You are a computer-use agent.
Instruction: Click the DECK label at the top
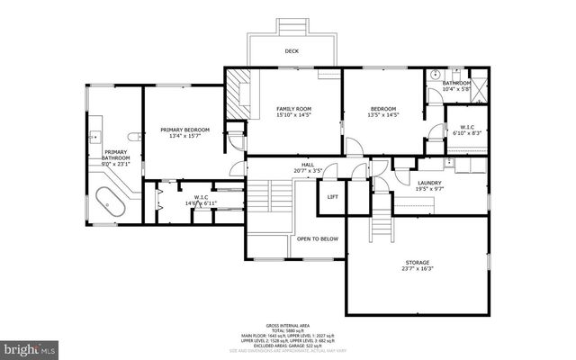tap(292, 51)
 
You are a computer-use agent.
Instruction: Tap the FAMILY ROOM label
tap(292, 109)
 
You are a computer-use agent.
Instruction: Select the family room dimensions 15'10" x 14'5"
tap(292, 115)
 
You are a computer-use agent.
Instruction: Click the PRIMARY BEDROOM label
tap(185, 130)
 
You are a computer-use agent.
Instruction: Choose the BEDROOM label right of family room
tap(382, 109)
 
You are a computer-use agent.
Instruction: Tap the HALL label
tap(307, 165)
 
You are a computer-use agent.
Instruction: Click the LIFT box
tap(332, 196)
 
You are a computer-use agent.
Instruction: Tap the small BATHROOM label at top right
tap(456, 83)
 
